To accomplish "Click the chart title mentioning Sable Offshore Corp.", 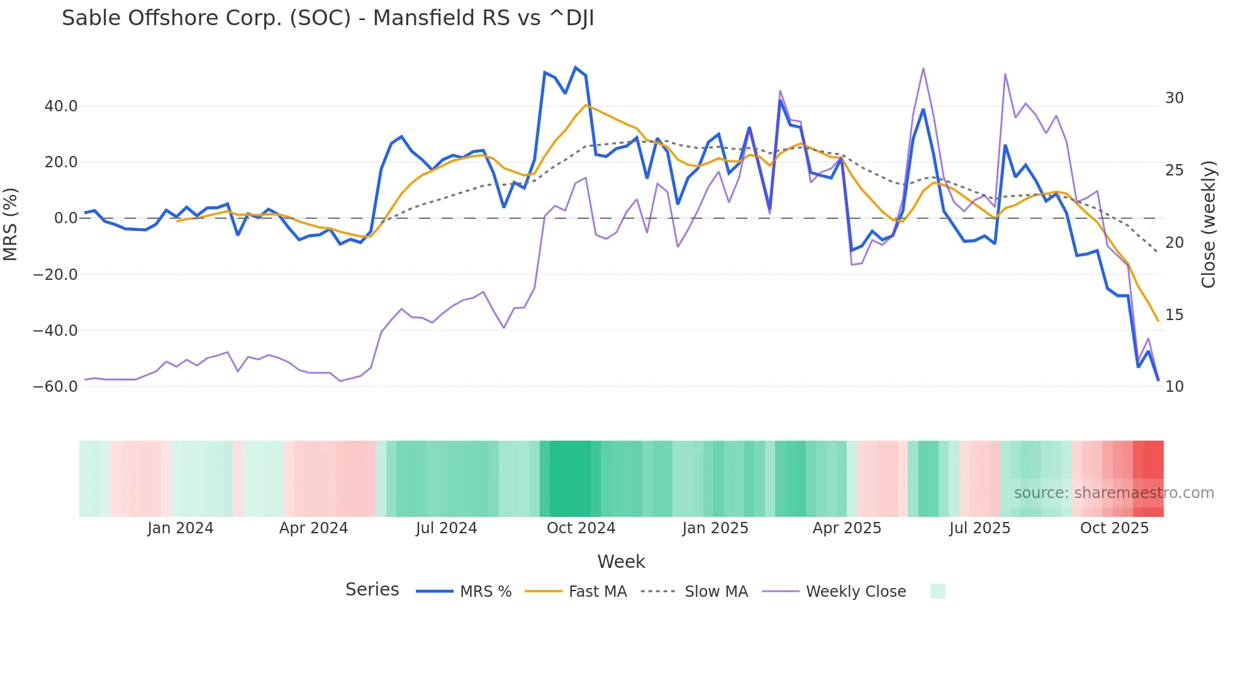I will coord(328,18).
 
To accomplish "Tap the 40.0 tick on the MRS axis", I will coord(61,106).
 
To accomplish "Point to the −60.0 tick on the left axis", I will coord(55,387).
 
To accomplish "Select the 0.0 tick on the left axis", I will coord(65,218).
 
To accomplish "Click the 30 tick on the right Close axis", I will coord(1174,98).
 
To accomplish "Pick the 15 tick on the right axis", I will coord(1174,314).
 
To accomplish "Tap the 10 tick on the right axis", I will coord(1174,387).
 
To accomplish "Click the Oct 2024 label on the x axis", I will coord(581,528).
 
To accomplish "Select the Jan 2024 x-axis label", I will coord(181,528).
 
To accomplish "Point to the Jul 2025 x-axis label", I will coord(979,528).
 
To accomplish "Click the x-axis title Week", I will coord(621,562).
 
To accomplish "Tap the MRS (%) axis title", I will coord(11,224).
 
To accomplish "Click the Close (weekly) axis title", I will coord(1208,225).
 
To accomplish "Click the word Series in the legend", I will coord(372,590).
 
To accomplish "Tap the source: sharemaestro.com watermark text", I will coord(1113,493).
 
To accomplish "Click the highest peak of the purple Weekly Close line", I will coord(923,68).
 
